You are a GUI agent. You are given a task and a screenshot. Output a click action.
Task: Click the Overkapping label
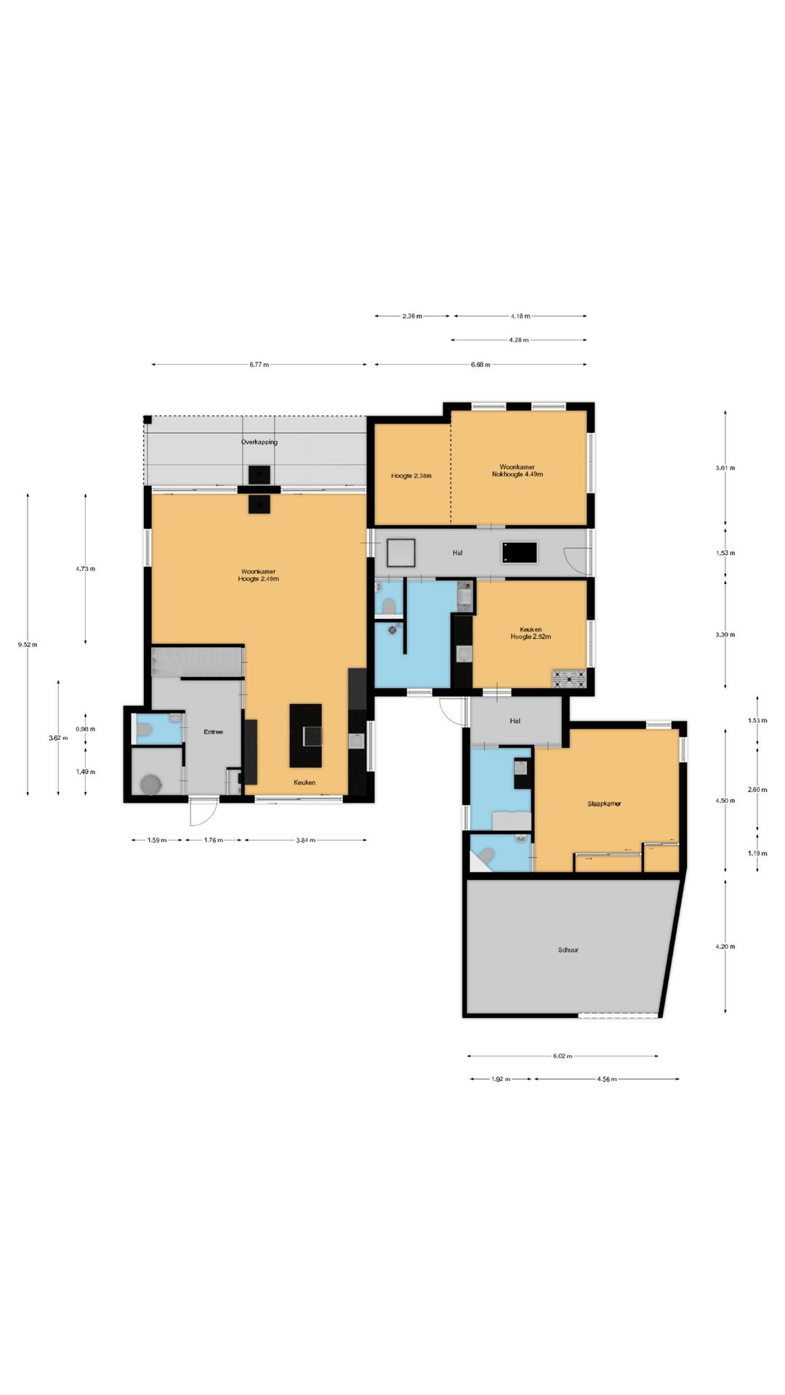click(x=259, y=442)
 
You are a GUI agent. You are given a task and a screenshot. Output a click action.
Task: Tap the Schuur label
click(x=568, y=950)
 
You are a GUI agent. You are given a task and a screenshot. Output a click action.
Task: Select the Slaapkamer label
click(x=604, y=804)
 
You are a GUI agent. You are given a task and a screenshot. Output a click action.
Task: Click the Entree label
click(x=213, y=732)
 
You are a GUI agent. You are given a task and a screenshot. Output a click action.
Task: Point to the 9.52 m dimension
click(x=28, y=644)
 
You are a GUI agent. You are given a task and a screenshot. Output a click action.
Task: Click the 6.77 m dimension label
click(x=259, y=365)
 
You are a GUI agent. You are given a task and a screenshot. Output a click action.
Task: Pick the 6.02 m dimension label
click(x=563, y=1056)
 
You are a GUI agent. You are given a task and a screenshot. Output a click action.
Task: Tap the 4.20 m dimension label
click(x=725, y=947)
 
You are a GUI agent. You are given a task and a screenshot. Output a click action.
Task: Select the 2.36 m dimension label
click(x=412, y=316)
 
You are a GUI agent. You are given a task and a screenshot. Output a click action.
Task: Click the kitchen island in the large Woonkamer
click(x=305, y=735)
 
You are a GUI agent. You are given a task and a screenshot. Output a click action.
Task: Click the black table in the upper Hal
click(x=520, y=552)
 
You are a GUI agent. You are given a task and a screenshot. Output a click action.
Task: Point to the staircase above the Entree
click(x=197, y=662)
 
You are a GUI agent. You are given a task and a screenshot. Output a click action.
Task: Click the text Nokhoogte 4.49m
click(x=518, y=474)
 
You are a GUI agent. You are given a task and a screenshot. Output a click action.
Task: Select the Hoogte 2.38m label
click(x=411, y=476)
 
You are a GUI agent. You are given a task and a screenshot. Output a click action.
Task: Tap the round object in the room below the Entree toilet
click(x=151, y=785)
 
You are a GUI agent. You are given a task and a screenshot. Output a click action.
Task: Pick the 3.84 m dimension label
click(x=305, y=840)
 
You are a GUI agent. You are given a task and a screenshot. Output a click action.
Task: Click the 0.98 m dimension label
click(x=86, y=729)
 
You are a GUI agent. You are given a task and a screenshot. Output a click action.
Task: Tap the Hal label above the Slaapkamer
click(x=515, y=721)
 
